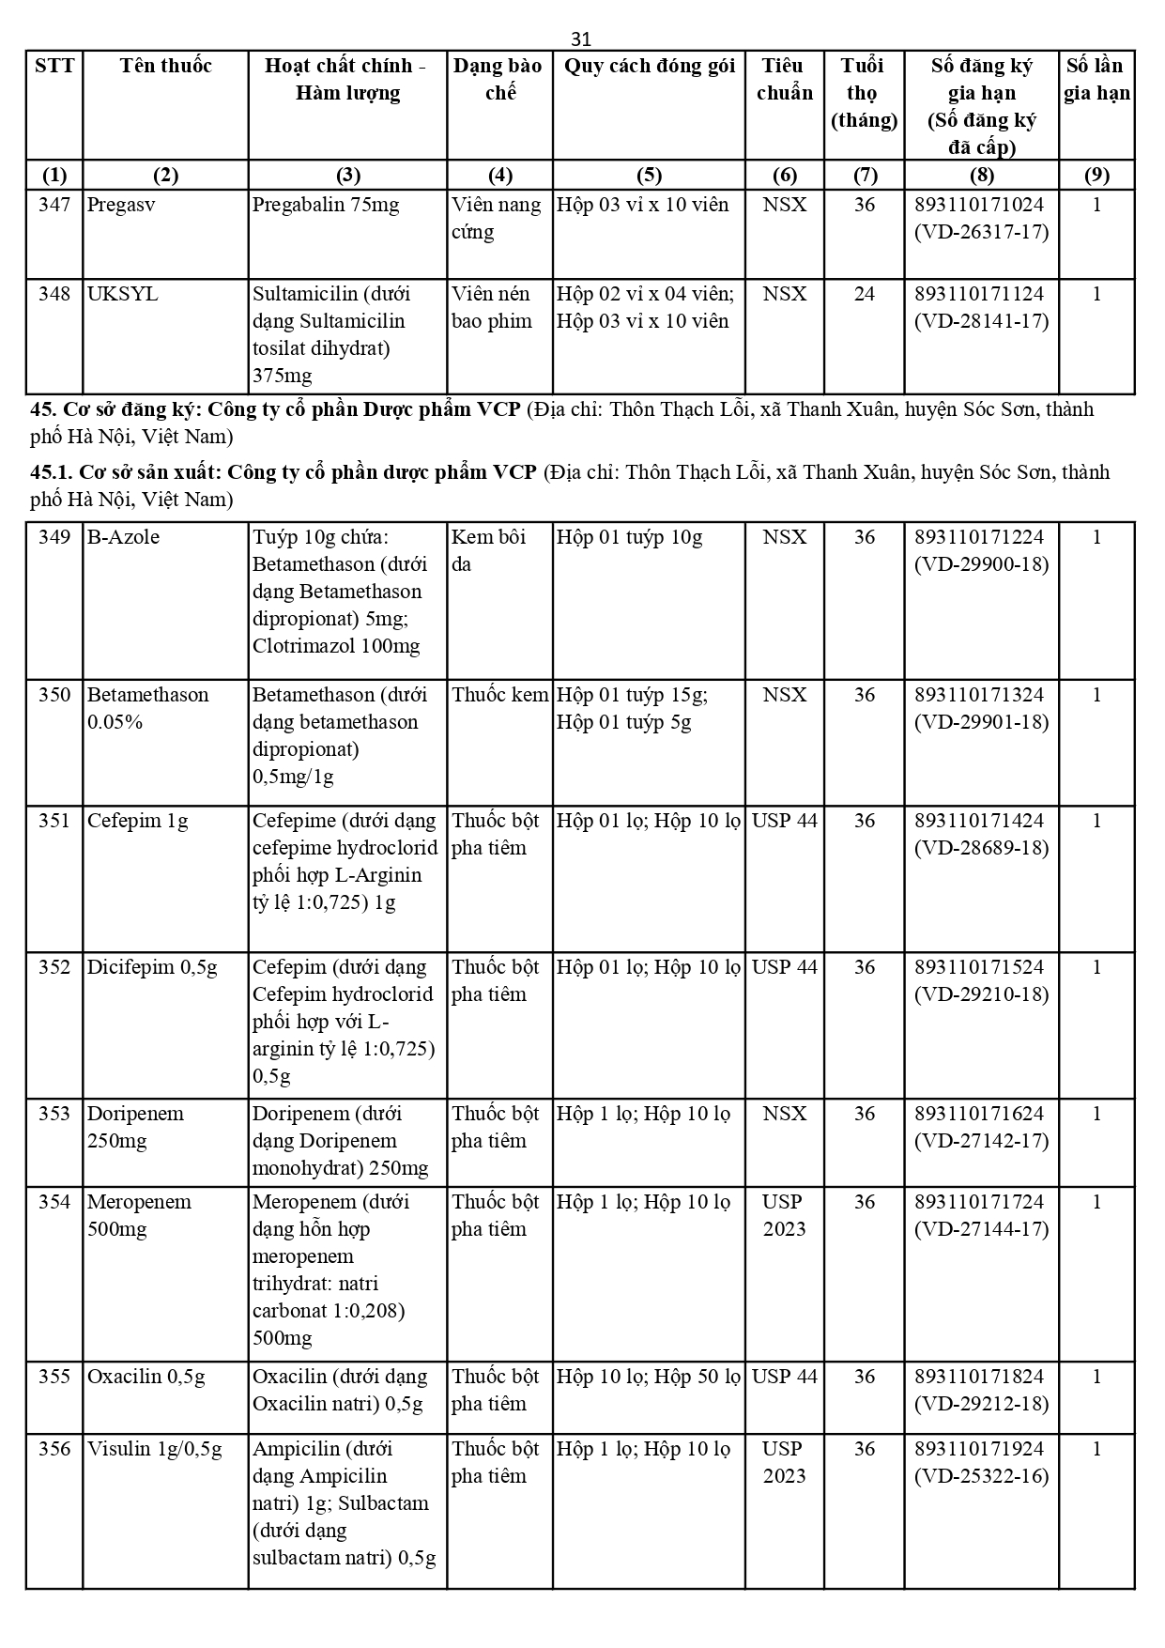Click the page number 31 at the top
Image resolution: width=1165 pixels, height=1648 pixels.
(581, 39)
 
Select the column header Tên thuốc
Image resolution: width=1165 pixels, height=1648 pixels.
(165, 66)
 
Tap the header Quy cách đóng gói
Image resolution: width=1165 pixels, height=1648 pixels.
(649, 66)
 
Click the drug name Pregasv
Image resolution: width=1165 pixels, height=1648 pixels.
(121, 205)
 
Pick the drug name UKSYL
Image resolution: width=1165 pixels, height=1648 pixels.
(122, 294)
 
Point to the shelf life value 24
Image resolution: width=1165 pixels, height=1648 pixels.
(864, 294)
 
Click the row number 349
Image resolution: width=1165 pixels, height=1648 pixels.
(54, 537)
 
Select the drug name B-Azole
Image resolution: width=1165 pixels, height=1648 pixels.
(123, 537)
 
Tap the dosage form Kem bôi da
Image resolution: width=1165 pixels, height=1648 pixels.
(488, 550)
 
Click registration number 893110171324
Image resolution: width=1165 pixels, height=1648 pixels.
(980, 695)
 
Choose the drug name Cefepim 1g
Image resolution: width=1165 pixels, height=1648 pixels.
(137, 821)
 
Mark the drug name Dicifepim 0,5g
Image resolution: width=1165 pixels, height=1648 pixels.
(152, 967)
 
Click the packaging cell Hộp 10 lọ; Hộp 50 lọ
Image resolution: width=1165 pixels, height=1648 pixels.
(648, 1377)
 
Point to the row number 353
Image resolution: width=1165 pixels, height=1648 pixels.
(54, 1114)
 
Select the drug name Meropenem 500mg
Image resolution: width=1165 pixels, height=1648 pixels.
(139, 1215)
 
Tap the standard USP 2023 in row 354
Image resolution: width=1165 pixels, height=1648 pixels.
(784, 1215)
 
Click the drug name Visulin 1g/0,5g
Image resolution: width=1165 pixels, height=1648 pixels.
(154, 1449)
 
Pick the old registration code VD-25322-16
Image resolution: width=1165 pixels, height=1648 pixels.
(981, 1476)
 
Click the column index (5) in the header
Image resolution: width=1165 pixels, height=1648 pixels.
(649, 175)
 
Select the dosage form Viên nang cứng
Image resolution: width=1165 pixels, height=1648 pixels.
(496, 218)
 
